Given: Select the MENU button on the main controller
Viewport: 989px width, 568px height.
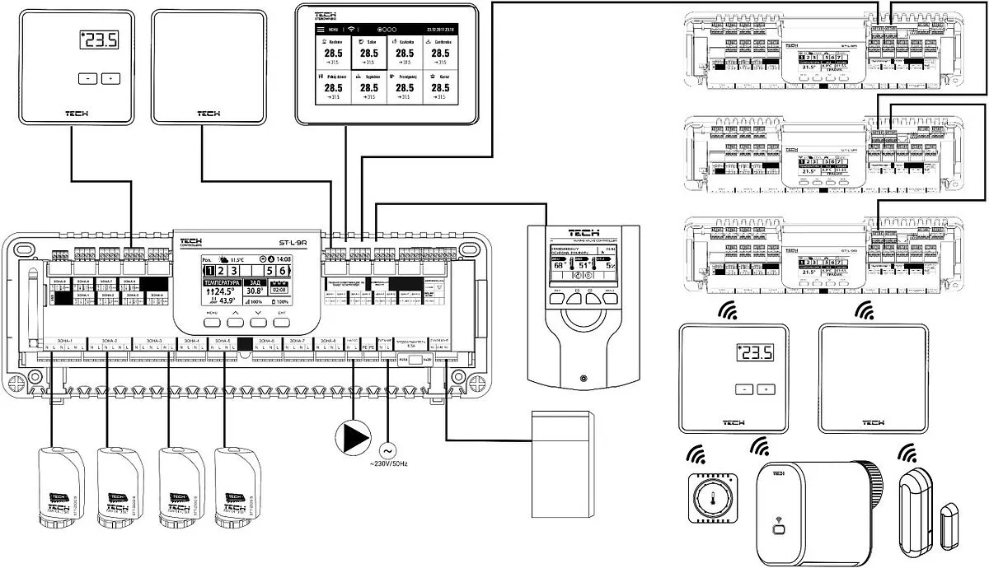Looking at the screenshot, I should click(212, 322).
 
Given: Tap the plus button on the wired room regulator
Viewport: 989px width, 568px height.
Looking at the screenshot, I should click(110, 78).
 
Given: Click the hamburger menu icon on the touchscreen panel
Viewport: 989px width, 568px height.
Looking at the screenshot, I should click(321, 28).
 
